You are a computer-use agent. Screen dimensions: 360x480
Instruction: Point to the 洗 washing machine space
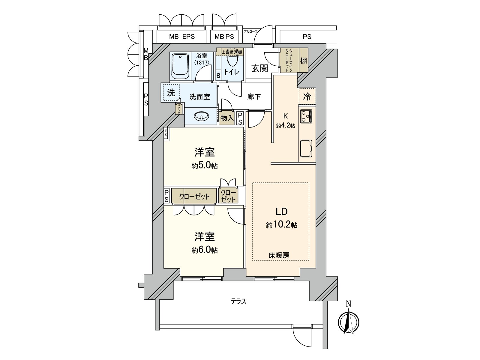171,93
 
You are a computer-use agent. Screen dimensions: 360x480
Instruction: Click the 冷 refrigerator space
307,97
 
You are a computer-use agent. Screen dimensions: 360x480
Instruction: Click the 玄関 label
259,68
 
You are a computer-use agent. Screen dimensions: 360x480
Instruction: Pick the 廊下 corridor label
254,97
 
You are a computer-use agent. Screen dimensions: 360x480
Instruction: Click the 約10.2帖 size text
281,225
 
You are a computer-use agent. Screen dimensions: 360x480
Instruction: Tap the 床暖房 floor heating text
279,256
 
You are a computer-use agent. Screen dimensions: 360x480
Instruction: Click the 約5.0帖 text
205,166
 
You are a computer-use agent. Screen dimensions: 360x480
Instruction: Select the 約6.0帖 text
205,250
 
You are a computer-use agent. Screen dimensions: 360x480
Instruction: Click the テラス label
238,301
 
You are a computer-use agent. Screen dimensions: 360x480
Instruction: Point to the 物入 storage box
227,118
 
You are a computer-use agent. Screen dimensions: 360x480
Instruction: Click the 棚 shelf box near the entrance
304,61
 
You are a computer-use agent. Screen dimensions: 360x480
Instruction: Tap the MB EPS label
182,37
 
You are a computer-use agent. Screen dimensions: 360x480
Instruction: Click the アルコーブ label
250,31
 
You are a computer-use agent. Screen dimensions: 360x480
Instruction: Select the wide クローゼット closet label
194,197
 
